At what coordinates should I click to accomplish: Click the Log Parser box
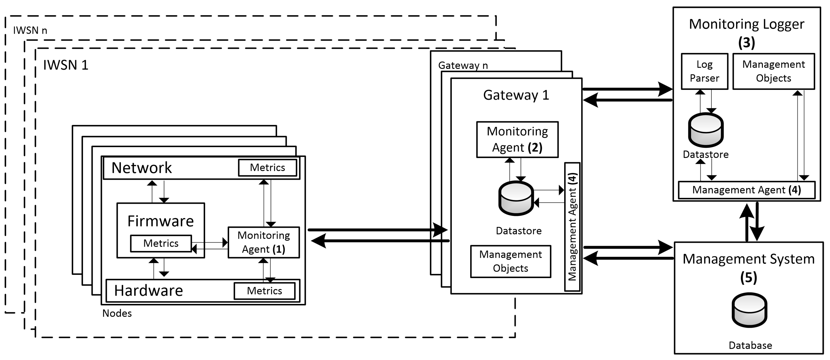704,71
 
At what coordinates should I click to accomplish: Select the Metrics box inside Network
267,168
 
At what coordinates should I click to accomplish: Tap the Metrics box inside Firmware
161,243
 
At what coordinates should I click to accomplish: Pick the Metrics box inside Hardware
264,291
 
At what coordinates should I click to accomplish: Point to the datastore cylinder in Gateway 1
516,198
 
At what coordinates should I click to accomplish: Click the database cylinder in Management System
749,310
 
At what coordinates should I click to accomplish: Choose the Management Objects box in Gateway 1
510,261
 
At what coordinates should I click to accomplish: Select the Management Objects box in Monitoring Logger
773,71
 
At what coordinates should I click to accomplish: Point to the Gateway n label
463,65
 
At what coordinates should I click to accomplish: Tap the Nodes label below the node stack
117,313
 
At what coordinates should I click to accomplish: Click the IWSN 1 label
66,65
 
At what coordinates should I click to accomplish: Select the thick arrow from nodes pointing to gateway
377,230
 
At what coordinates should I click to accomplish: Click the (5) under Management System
749,278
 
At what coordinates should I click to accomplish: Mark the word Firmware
160,221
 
